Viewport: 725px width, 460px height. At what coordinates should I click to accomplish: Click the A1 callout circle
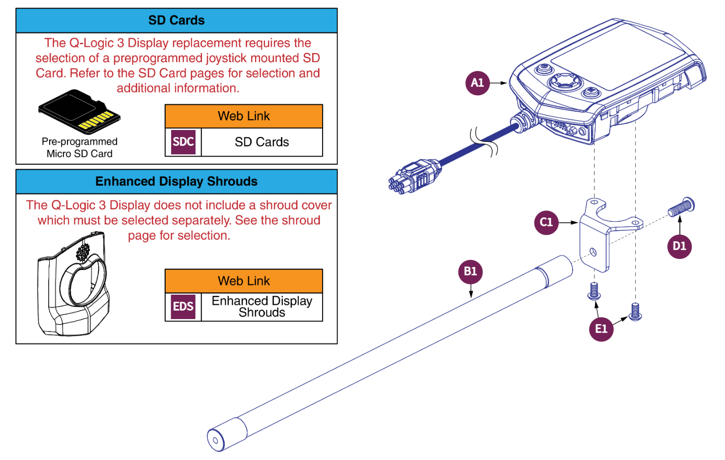(x=477, y=83)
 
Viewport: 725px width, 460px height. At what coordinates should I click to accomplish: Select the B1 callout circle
(x=470, y=271)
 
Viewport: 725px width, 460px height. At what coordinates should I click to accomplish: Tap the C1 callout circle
(x=546, y=222)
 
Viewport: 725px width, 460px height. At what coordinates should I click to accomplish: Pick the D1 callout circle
(x=679, y=246)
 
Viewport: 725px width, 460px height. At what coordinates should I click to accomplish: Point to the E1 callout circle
(x=601, y=329)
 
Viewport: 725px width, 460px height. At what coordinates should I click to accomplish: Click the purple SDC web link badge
(x=183, y=142)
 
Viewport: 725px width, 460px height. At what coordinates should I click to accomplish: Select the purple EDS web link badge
(x=183, y=307)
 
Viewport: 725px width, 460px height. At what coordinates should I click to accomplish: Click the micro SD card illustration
(x=79, y=112)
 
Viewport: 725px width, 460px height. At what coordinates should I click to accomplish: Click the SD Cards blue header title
(x=176, y=20)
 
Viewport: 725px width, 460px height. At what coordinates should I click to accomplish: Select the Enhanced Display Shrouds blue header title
(x=176, y=182)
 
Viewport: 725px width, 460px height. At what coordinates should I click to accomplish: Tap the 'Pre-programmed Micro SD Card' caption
(x=79, y=148)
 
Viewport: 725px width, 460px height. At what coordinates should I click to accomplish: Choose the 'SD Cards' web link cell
(x=262, y=142)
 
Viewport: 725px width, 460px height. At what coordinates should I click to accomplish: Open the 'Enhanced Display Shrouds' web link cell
(x=262, y=307)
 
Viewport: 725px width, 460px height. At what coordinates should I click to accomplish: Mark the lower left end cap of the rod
(x=217, y=439)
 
